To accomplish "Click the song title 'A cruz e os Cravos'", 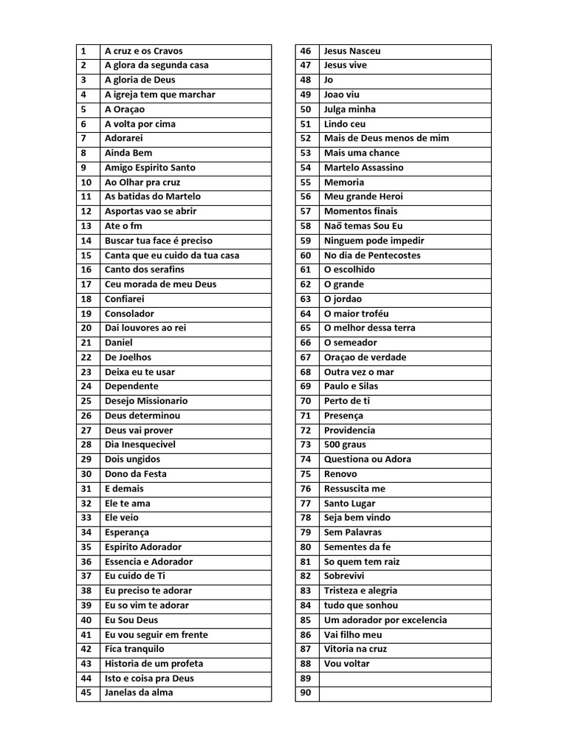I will [143, 51].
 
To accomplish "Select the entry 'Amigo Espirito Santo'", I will [150, 168].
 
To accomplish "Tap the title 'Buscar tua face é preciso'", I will [158, 241].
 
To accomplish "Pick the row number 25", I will [86, 401].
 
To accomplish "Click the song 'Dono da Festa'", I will [135, 474].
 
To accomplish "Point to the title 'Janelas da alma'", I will [139, 693].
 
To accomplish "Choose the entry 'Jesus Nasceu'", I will [352, 51].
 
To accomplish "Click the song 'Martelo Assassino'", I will [363, 168].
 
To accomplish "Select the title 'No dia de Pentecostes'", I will [372, 255].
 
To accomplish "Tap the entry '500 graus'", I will [345, 444].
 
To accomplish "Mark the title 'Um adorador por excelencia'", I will [385, 620].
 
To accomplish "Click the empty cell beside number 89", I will [405, 678].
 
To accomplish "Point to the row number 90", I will [306, 693].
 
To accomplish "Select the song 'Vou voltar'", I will [347, 664].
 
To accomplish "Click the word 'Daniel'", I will [119, 343].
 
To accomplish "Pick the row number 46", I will [306, 51].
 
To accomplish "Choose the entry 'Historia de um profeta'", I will [154, 664].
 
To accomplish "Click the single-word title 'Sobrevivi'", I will [344, 576].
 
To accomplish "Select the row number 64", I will [306, 314].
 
